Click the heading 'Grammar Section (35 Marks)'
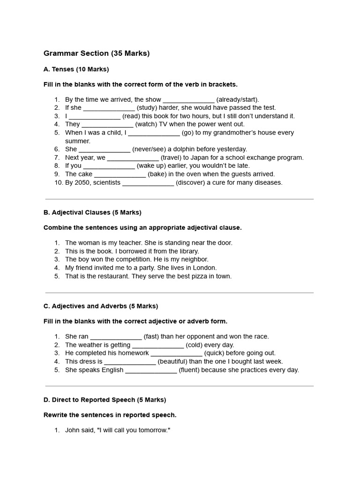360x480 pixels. [97, 53]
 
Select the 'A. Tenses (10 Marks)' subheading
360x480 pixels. [76, 69]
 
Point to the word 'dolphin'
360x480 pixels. [187, 149]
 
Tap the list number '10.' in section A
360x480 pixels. [58, 183]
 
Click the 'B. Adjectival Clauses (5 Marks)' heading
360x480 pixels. [92, 212]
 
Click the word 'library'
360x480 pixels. [188, 251]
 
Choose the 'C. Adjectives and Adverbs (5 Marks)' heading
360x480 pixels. [101, 306]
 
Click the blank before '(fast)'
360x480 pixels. [116, 337]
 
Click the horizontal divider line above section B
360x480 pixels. [180, 199]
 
